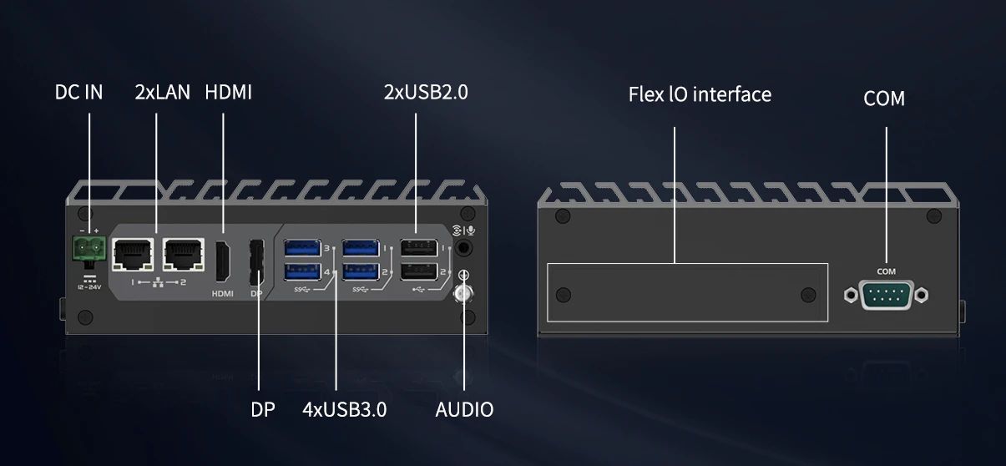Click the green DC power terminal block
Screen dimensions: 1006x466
point(89,248)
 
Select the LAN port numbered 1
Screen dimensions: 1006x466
point(133,255)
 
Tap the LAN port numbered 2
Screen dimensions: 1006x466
point(184,255)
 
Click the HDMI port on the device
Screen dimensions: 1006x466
point(223,261)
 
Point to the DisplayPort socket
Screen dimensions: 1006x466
point(256,262)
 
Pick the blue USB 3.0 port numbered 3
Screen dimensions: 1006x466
point(303,248)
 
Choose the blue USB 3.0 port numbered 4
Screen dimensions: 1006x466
point(303,271)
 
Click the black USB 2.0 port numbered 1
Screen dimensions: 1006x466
point(418,248)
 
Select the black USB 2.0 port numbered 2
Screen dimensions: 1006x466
point(418,271)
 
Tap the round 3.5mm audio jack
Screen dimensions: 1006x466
point(463,247)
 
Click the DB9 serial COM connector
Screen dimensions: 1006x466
point(886,295)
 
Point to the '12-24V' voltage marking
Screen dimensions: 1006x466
point(89,287)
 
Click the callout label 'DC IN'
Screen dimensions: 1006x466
point(78,92)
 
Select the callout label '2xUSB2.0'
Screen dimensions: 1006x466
point(426,92)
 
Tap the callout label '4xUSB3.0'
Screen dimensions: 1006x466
point(345,409)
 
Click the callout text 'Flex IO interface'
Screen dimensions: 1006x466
point(700,94)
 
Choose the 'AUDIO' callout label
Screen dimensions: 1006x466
point(464,409)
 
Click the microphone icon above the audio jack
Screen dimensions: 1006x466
point(471,230)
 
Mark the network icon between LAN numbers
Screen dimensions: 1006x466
point(158,282)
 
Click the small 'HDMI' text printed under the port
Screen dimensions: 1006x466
point(223,294)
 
